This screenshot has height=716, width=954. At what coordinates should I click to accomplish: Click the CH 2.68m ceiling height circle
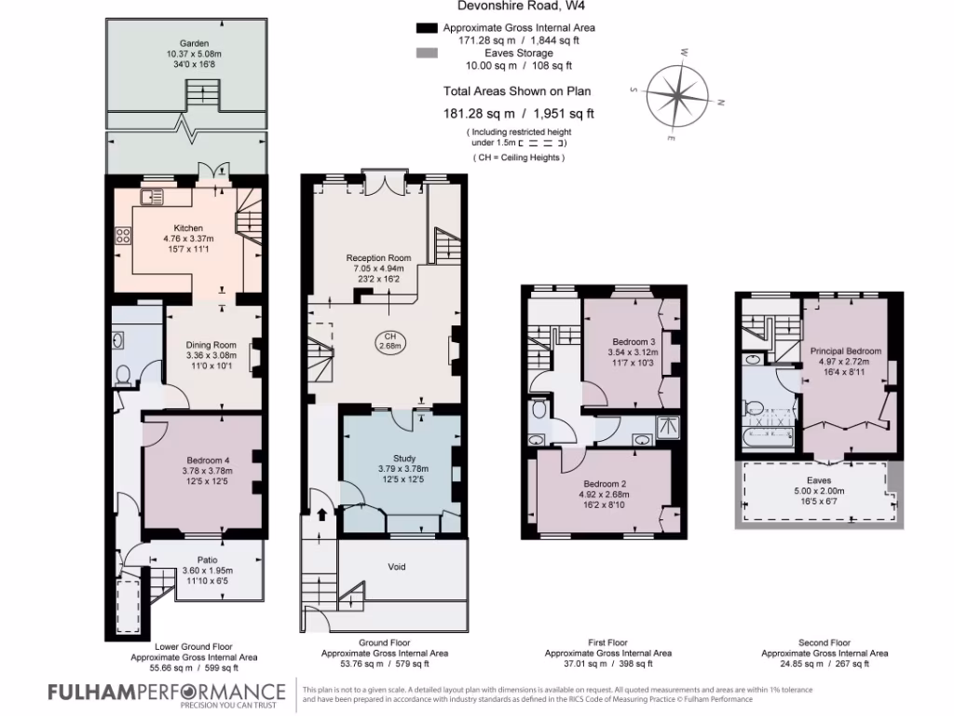pyautogui.click(x=389, y=341)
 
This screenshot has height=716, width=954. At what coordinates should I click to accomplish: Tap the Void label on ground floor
pyautogui.click(x=397, y=567)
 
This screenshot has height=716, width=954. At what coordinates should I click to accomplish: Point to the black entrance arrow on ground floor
pyautogui.click(x=322, y=514)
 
